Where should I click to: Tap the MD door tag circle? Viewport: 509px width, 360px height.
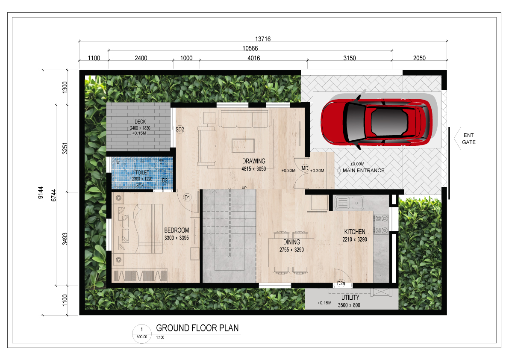(x=305, y=168)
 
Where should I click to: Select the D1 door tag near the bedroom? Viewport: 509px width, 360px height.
(x=187, y=198)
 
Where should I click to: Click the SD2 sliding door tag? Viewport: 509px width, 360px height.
(x=180, y=129)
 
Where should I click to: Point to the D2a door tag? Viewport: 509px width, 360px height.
(x=341, y=283)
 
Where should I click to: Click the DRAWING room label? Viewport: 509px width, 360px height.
(x=253, y=161)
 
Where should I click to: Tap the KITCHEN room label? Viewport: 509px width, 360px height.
(x=354, y=232)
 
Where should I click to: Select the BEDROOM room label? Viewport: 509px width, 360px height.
(x=176, y=230)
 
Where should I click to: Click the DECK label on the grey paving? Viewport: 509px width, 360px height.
(x=140, y=122)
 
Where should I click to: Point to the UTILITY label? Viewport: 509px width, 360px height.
(x=350, y=297)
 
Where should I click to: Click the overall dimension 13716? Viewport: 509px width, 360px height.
(x=262, y=39)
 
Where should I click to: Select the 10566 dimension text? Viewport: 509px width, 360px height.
(x=250, y=48)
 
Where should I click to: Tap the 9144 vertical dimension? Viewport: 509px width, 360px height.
(x=40, y=192)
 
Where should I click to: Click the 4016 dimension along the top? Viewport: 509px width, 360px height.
(x=253, y=58)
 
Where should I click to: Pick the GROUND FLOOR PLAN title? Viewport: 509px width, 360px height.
(x=197, y=328)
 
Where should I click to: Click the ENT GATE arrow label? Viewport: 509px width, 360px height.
(x=468, y=139)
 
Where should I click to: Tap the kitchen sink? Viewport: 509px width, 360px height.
(x=349, y=203)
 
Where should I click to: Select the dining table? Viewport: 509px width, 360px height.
(x=291, y=253)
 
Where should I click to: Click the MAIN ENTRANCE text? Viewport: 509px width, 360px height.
(x=363, y=171)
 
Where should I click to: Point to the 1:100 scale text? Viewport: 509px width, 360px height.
(x=160, y=338)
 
